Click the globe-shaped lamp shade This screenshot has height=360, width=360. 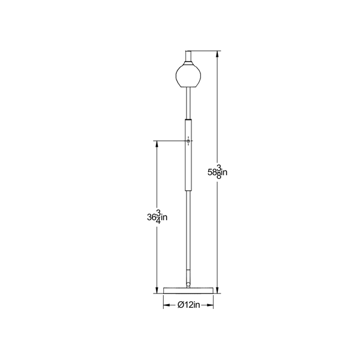[188, 75]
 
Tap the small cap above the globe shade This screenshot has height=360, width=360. [189, 57]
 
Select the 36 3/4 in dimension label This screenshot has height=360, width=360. [158, 217]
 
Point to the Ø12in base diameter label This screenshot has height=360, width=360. [188, 305]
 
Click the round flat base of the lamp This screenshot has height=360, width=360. [189, 290]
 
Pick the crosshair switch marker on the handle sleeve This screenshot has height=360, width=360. [189, 141]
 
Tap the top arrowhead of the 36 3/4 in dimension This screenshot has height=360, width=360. [158, 144]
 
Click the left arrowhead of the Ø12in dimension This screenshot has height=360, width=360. [167, 305]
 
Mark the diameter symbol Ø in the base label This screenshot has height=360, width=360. [181, 305]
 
